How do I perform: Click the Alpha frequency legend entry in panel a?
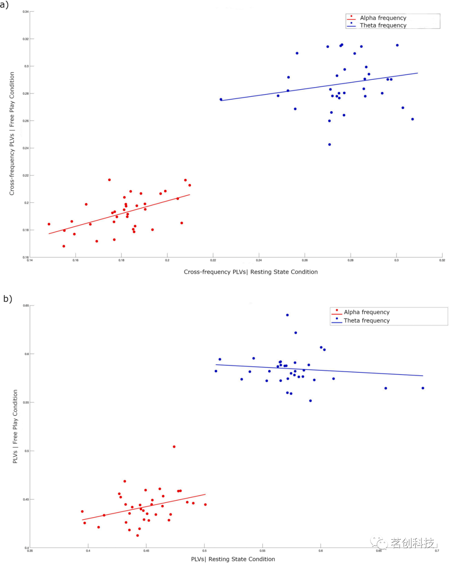[x=382, y=18]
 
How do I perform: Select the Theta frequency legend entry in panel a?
[x=382, y=25]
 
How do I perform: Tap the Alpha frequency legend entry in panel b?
[x=366, y=312]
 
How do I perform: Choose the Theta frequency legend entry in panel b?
[x=366, y=321]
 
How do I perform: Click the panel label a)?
[x=5, y=5]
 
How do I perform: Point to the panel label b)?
[x=7, y=299]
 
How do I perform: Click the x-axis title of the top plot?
[x=251, y=272]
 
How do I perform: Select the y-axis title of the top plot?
[x=12, y=133]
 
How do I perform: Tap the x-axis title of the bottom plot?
[x=233, y=559]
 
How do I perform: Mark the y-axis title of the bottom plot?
[x=15, y=426]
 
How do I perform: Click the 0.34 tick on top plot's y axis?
[x=26, y=12]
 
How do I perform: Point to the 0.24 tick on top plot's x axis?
[x=259, y=260]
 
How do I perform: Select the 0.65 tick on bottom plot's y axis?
[x=26, y=306]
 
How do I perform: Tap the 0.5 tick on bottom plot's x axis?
[x=205, y=551]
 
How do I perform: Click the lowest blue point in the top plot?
[x=330, y=144]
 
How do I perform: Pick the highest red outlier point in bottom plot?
[x=174, y=447]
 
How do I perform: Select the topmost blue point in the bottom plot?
[x=287, y=315]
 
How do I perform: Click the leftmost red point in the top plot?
[x=49, y=224]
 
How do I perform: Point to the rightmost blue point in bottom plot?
[x=423, y=388]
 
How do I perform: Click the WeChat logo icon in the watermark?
[x=379, y=542]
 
